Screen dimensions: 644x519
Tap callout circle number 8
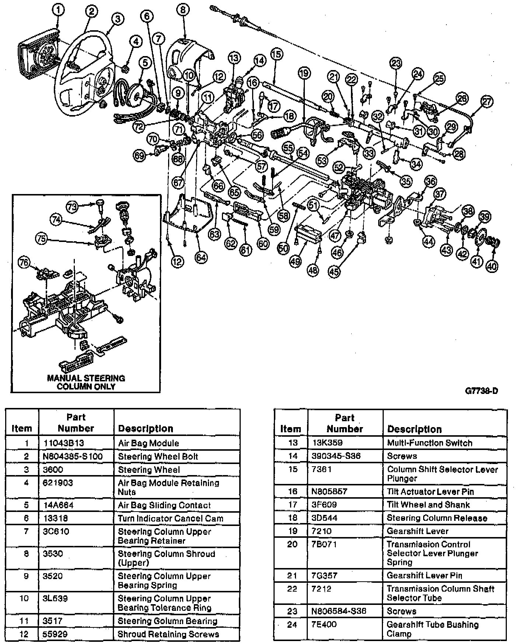click(x=183, y=10)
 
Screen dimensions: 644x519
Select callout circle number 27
click(x=487, y=101)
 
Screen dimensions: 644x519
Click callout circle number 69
click(x=140, y=156)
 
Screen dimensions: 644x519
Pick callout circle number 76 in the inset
click(x=25, y=263)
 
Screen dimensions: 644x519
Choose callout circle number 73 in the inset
click(x=73, y=207)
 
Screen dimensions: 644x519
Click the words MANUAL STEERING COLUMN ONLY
click(x=86, y=382)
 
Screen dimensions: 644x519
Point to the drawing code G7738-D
click(x=481, y=391)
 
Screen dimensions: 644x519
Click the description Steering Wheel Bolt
click(x=158, y=456)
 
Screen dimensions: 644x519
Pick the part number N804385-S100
click(x=73, y=456)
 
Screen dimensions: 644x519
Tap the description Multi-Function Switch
click(x=429, y=443)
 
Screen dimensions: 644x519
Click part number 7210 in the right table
click(x=321, y=531)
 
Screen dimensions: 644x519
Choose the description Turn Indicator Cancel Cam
click(x=170, y=518)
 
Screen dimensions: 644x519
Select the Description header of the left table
click(x=145, y=428)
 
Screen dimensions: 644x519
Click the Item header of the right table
click(x=290, y=429)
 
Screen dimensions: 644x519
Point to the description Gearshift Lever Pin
click(x=424, y=575)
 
